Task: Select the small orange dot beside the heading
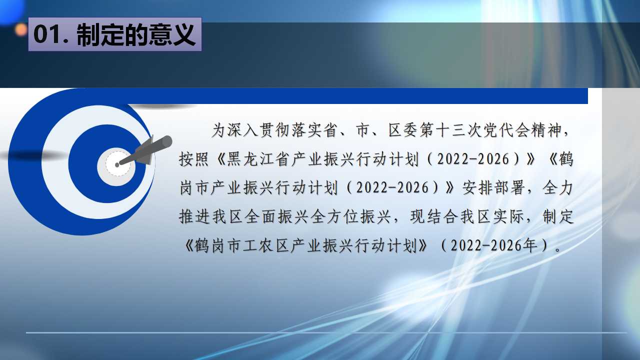pyautogui.click(x=21, y=30)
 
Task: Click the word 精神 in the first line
pyautogui.click(x=547, y=130)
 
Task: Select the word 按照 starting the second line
pyautogui.click(x=194, y=159)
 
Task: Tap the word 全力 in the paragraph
pyautogui.click(x=558, y=188)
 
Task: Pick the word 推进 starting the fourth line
pyautogui.click(x=194, y=217)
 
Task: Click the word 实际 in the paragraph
pyautogui.click(x=509, y=217)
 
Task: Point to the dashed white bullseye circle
pyautogui.click(x=117, y=163)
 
